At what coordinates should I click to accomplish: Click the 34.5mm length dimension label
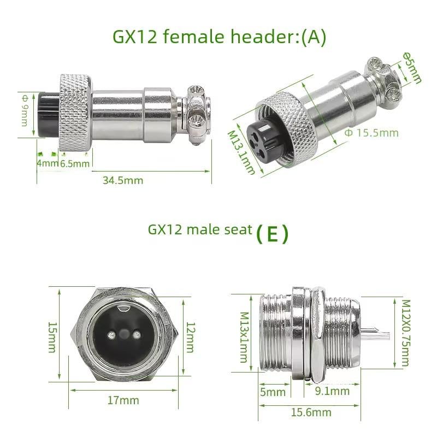tap(123, 180)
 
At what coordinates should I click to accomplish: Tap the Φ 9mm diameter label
tap(25, 110)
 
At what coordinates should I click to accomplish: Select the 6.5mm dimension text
tap(75, 163)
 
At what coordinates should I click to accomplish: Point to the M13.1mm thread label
tap(241, 153)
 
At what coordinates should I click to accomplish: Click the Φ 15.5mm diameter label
tap(371, 133)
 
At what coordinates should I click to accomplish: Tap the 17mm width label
tap(123, 400)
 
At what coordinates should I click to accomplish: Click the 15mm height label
tap(52, 337)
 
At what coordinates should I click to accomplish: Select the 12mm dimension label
tap(190, 337)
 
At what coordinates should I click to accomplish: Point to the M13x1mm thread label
tap(244, 337)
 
